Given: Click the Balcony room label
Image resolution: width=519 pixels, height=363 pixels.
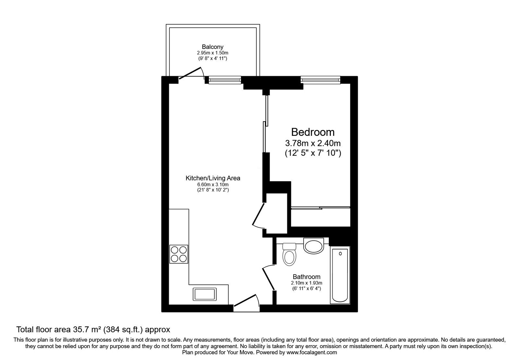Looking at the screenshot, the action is click(212, 47).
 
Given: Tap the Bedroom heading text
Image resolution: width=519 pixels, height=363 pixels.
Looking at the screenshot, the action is click(313, 132).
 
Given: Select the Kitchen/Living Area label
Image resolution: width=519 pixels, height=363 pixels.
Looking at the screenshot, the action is click(213, 178).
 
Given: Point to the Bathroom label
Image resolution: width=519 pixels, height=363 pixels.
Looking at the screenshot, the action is click(307, 277).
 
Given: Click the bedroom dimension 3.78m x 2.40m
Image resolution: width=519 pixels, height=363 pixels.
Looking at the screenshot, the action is click(313, 143).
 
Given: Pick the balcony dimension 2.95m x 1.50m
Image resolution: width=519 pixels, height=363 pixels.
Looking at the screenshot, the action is click(212, 53).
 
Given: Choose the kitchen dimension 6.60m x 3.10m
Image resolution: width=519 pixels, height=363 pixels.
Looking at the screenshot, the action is click(213, 185).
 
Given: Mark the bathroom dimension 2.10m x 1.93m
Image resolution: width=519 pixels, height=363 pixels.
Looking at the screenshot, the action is click(307, 283).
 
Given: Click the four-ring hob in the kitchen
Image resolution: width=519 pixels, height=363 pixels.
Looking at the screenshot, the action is click(179, 254).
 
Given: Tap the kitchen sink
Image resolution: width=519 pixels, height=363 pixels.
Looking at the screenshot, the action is click(205, 294).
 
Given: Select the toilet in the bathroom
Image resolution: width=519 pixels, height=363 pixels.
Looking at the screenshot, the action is click(289, 254).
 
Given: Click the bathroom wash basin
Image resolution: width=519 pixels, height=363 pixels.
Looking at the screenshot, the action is click(313, 246).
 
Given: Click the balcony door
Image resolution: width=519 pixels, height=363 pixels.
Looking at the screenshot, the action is click(189, 73).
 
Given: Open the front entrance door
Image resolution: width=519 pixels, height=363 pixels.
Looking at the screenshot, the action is click(245, 300).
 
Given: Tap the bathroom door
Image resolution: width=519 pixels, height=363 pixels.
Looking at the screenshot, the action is click(269, 278).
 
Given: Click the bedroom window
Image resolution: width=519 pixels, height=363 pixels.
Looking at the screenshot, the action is click(320, 80).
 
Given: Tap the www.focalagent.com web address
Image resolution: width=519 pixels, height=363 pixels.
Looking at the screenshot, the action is click(312, 352).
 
